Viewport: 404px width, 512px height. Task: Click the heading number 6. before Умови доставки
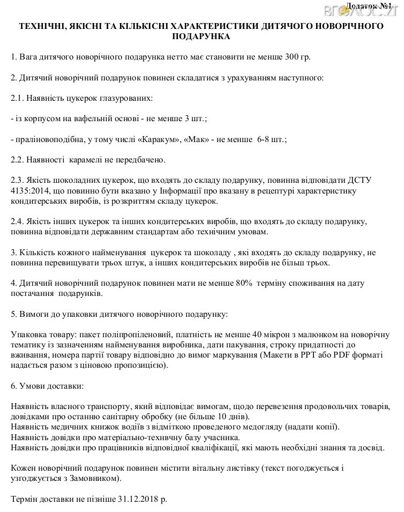pos(14,387)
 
